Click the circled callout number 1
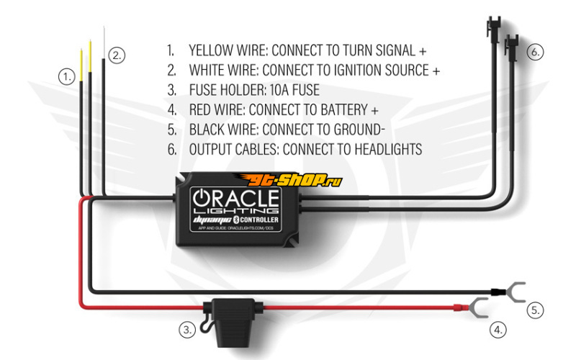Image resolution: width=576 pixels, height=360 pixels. (x=66, y=77)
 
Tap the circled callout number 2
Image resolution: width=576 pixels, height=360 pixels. (x=117, y=55)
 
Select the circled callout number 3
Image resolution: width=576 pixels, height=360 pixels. (x=187, y=330)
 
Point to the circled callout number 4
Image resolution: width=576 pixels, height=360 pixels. (x=498, y=330)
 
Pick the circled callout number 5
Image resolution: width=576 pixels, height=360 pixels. (x=535, y=310)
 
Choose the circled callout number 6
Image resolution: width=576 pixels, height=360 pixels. (x=535, y=52)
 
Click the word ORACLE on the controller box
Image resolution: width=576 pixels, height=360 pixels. (x=236, y=199)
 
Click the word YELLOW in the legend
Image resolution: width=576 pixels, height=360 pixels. (x=211, y=50)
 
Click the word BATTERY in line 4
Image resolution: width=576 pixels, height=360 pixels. (x=344, y=110)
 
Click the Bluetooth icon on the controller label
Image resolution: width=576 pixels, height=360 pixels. (x=236, y=220)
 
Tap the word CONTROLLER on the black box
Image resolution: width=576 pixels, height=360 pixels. (x=259, y=220)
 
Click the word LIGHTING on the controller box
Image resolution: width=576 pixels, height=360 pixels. (x=236, y=211)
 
